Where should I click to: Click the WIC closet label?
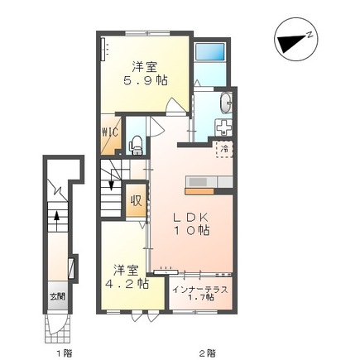coord(111,132)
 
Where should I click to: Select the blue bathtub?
coord(209,52)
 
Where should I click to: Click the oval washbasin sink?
coord(226,103)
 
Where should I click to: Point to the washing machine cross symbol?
coord(224,127)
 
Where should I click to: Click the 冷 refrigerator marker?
coord(224,149)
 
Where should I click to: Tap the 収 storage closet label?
coord(136,200)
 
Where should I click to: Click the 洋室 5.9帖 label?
coord(145,74)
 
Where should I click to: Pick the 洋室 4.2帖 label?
coord(127,276)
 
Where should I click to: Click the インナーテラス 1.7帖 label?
coord(200,294)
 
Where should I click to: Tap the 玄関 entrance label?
coord(58,297)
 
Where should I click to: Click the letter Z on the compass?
coord(310,35)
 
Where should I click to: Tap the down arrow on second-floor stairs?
coord(111,180)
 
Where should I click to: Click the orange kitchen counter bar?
coord(199,191)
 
